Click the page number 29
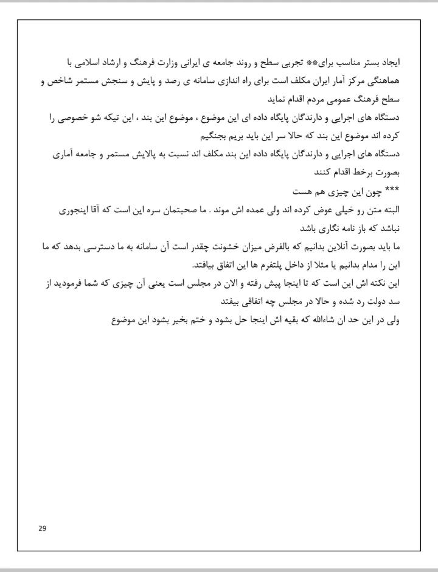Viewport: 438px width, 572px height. tap(42, 527)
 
